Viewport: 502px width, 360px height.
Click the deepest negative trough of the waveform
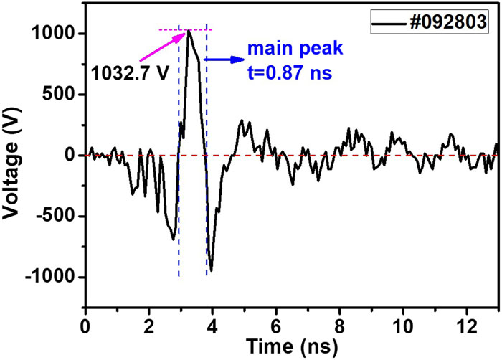(212, 270)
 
